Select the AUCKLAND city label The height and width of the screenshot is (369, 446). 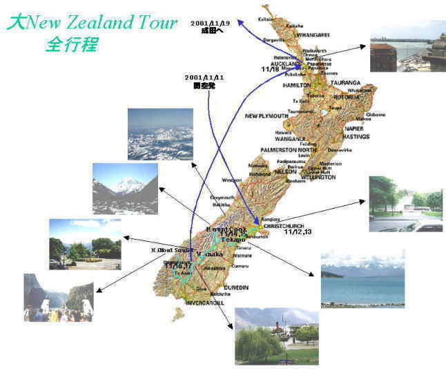pos(276,62)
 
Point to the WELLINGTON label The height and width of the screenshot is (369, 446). pos(316,177)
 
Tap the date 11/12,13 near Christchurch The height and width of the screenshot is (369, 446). pos(298,232)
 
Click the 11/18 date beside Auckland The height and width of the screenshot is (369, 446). pos(271,69)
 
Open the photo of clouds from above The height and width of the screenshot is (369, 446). pos(160,134)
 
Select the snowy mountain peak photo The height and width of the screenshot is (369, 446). pos(125,188)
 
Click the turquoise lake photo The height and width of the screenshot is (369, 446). pos(362,278)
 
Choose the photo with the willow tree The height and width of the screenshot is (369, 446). pos(276,336)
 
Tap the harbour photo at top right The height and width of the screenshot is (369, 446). pos(407,46)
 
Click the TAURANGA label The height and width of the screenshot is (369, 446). pos(346,82)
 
